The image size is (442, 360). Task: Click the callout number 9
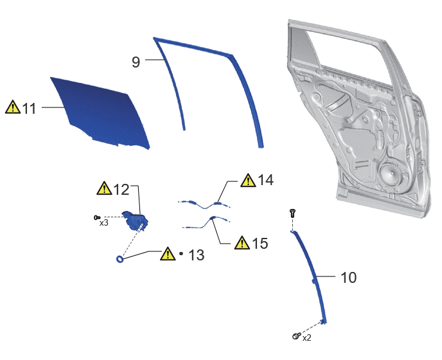coord(136,62)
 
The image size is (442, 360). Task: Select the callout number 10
coord(349,278)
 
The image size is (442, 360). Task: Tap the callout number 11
coord(30,109)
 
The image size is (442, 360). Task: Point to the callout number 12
coord(121,189)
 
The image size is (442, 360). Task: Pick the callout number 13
coord(196,255)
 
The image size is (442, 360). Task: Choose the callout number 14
coord(265,180)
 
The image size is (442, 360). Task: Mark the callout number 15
coord(260,243)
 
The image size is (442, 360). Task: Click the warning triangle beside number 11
coord(13,107)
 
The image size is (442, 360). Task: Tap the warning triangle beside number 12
coord(104,188)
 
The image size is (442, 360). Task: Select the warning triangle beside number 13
coord(168,254)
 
